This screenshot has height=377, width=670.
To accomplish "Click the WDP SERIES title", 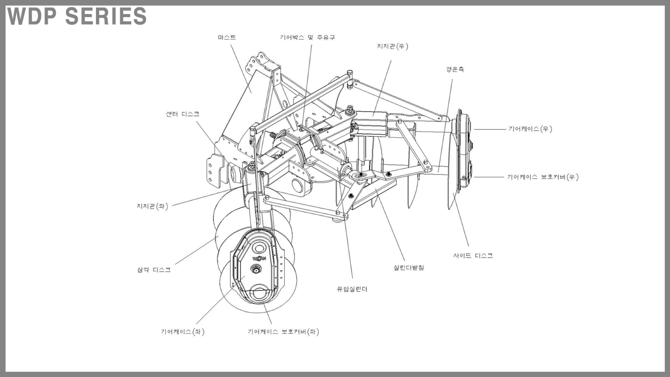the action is [77, 16].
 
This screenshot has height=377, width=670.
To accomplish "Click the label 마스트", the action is [227, 38].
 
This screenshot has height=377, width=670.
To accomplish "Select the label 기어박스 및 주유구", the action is [307, 38].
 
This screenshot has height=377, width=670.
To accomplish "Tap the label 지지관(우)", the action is [393, 46].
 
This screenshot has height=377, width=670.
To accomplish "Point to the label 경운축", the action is [455, 69].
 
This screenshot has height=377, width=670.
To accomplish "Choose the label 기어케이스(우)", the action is [530, 129].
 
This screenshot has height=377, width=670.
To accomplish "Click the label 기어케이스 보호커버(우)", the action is [543, 177].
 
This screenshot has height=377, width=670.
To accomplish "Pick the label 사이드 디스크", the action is [473, 256].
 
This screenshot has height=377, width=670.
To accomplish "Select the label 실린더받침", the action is [409, 267].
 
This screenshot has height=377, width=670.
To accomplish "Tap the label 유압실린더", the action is [352, 289].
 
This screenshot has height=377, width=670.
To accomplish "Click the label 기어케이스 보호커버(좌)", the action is [283, 332].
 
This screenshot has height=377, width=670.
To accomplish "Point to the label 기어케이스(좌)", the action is [182, 332].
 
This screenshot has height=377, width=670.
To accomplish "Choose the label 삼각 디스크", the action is [154, 270].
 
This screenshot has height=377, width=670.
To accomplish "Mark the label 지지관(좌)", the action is [152, 206].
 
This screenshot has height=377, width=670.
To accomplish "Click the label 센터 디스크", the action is [182, 114].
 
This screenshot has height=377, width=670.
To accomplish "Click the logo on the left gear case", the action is [259, 258].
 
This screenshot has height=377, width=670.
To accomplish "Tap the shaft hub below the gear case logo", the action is [256, 270].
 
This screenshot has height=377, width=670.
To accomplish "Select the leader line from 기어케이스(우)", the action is [489, 129].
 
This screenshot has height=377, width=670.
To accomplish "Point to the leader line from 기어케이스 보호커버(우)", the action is [489, 177].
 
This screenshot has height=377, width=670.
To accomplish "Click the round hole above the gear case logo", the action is [259, 248].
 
